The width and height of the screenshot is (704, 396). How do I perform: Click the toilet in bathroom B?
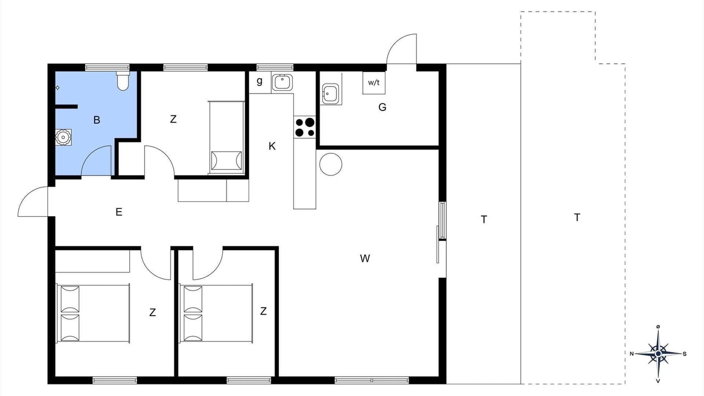click(123, 81)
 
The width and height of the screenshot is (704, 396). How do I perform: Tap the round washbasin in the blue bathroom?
click(63, 137)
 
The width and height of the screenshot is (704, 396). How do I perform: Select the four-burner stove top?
click(305, 127)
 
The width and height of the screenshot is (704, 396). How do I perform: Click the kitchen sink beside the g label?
click(282, 82)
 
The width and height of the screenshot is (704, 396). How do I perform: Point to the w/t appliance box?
click(374, 82)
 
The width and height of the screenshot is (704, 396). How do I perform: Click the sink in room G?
click(331, 94)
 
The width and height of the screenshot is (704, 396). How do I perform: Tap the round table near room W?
click(331, 164)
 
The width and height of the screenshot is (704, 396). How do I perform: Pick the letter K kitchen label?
click(272, 146)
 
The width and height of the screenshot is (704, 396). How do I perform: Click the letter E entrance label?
click(119, 212)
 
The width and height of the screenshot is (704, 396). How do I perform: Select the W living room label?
click(365, 258)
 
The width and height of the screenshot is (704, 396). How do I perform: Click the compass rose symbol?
click(658, 354)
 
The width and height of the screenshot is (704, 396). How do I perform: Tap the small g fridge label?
click(259, 81)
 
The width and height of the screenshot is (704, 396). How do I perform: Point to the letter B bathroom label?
click(97, 120)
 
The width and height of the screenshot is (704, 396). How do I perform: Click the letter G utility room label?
click(382, 107)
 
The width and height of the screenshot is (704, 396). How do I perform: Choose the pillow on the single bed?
click(226, 161)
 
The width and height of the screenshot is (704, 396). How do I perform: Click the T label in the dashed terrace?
click(577, 217)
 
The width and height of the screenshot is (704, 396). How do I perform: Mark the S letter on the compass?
click(685, 354)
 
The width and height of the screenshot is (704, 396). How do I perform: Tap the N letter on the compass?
click(632, 354)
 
